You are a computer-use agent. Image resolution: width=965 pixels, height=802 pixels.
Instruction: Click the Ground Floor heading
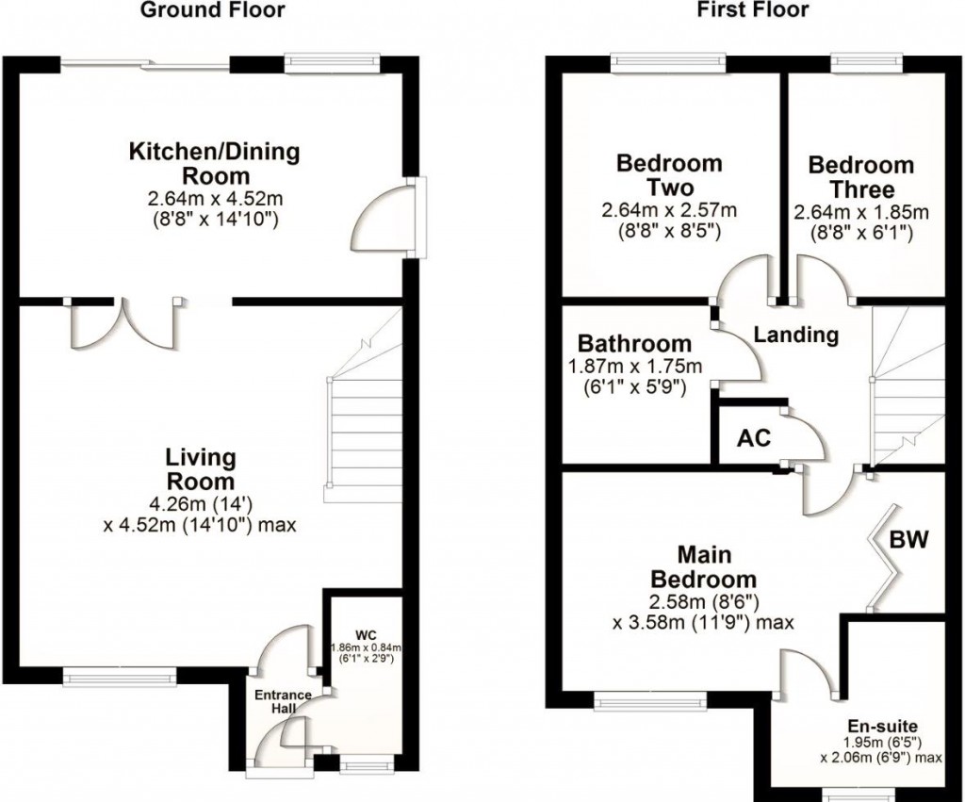click(212, 10)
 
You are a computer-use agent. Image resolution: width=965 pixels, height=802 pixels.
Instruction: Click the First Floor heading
click(752, 10)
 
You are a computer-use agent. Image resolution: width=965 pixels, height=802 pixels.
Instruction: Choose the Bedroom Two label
click(669, 174)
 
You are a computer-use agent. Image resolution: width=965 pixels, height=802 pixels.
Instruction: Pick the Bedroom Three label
click(860, 176)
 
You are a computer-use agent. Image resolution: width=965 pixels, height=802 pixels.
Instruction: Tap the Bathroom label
click(634, 344)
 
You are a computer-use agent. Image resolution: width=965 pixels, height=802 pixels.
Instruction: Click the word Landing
click(796, 335)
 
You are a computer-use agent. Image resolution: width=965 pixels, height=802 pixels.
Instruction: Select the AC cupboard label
click(754, 438)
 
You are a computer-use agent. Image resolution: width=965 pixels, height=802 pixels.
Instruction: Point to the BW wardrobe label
click(910, 540)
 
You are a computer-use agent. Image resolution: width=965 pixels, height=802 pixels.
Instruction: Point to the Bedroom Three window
click(867, 64)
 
